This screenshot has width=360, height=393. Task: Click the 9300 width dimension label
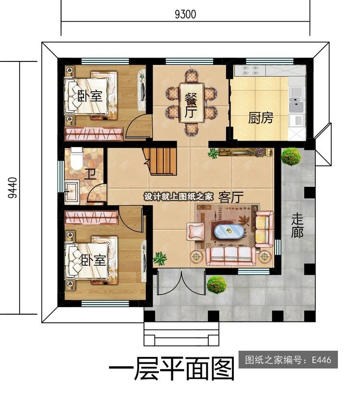tap(185, 14)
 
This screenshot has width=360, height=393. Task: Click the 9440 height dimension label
tap(12, 188)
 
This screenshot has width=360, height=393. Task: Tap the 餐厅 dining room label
tap(191, 106)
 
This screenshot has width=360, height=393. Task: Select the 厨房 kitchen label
tap(261, 118)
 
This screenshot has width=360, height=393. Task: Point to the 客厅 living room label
tap(231, 197)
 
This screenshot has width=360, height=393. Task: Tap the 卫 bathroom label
tap(90, 174)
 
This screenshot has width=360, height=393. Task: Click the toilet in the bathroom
tap(76, 158)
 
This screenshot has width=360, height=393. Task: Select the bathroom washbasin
tap(72, 192)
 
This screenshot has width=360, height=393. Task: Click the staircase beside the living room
tap(160, 161)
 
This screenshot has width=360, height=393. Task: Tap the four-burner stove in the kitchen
tap(249, 70)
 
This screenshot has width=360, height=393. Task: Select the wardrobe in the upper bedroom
tap(94, 134)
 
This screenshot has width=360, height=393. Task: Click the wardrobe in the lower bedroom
tap(92, 217)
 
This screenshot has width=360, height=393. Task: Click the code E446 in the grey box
tap(322, 360)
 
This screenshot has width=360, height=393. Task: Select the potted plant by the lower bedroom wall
tap(160, 258)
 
